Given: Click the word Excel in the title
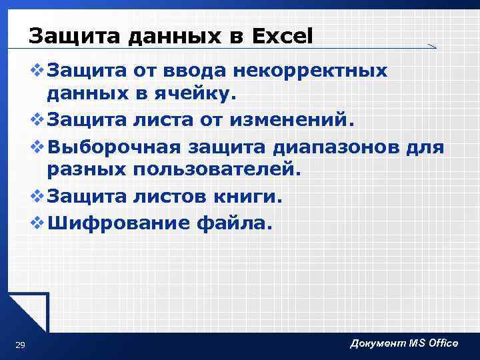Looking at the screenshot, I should click(x=282, y=36).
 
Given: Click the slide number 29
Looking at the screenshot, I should click(x=20, y=345).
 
